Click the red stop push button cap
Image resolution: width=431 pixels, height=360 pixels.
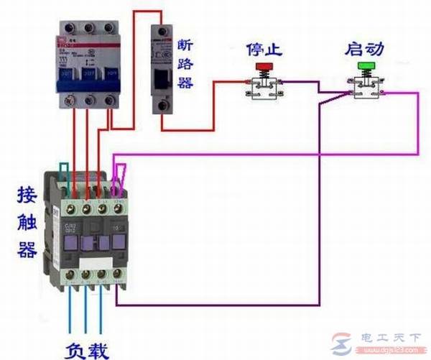264,68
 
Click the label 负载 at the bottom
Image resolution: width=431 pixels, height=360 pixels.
87,349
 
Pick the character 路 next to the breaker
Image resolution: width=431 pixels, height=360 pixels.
185,63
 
